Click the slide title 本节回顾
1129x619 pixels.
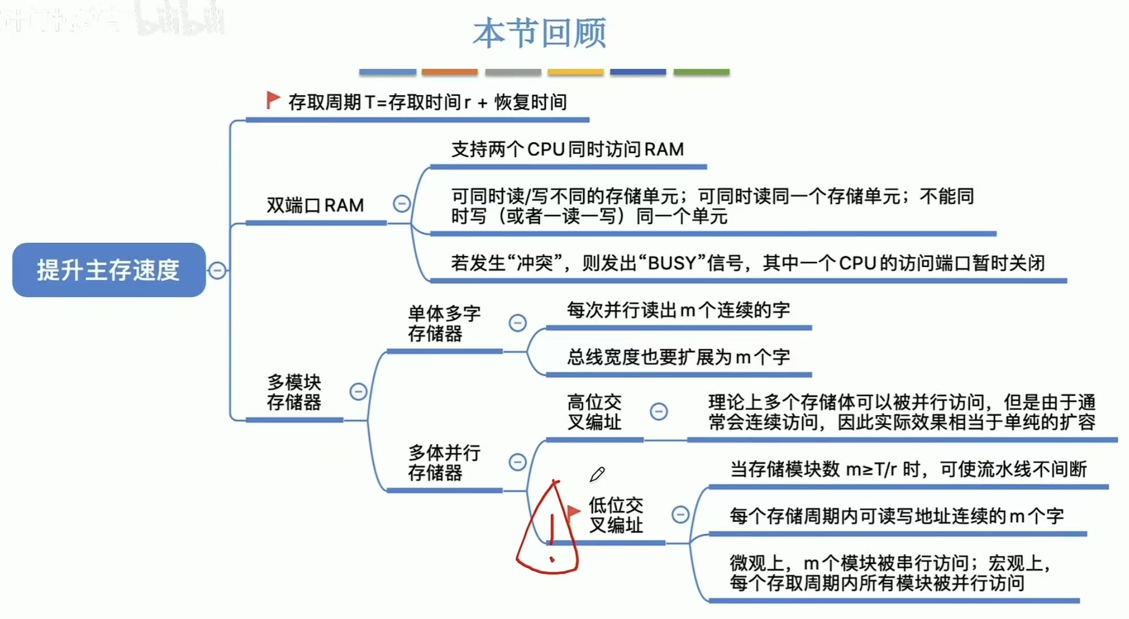coord(540,33)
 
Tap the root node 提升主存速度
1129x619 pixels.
coord(108,270)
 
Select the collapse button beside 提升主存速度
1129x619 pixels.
coord(217,270)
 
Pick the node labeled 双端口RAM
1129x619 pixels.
coord(315,205)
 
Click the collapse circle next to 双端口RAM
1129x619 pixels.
coord(401,203)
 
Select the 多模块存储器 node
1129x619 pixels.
coord(294,392)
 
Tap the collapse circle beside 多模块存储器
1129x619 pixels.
coord(358,391)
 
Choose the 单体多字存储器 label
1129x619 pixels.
coord(444,323)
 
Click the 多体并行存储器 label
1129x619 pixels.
coord(444,463)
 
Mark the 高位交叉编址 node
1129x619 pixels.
coord(594,412)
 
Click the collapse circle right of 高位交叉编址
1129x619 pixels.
coord(659,411)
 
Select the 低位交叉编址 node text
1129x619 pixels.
coord(616,515)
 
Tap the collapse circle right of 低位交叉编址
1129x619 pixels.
coord(681,514)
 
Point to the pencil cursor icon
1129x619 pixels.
coord(597,475)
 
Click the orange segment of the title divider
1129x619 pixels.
coord(450,72)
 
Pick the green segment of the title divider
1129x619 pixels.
coord(701,72)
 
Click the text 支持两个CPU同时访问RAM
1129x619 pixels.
coord(568,150)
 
